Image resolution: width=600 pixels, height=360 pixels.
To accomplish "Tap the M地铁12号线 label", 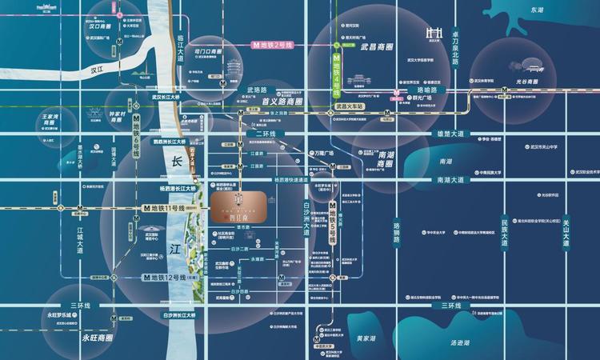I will tap(165, 278).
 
